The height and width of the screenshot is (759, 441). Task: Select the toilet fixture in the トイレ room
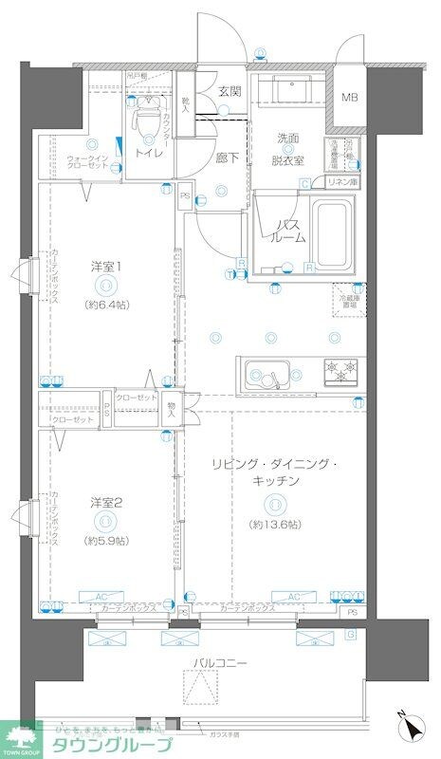click(148, 120)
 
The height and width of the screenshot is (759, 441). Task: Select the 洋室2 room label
click(106, 502)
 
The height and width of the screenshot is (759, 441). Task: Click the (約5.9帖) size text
click(106, 540)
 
